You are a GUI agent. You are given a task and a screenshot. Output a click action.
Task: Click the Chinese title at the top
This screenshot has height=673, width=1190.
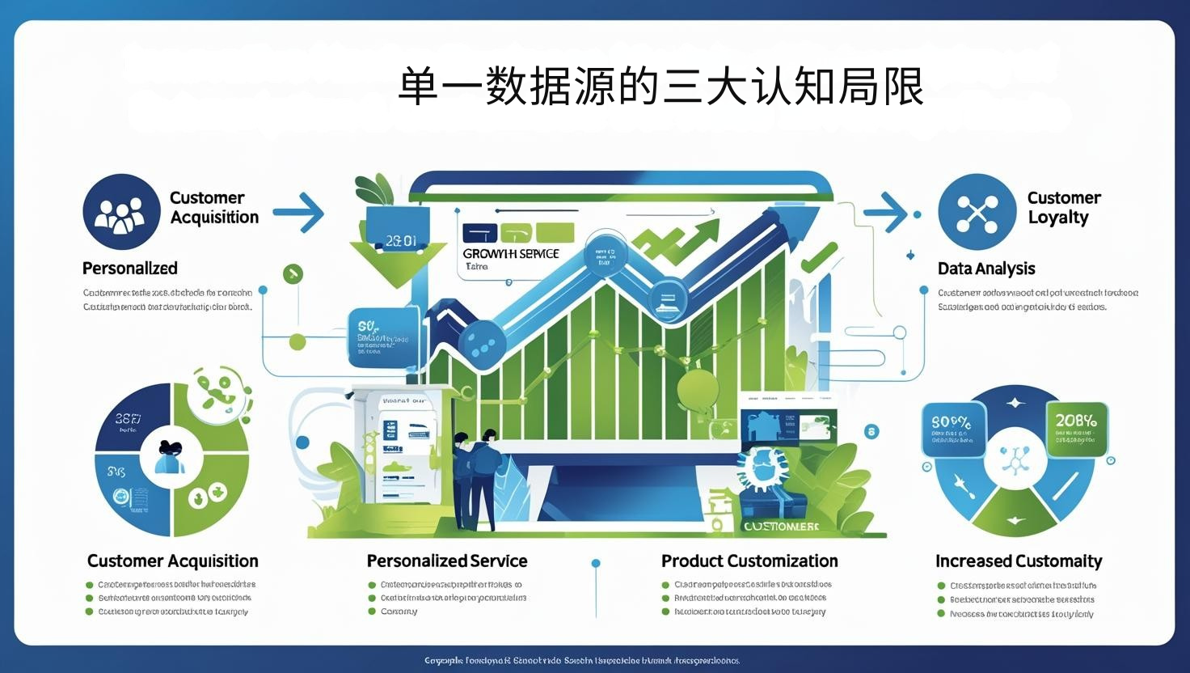click(x=660, y=87)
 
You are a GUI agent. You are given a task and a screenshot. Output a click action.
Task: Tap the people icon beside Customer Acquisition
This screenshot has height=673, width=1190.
click(x=121, y=212)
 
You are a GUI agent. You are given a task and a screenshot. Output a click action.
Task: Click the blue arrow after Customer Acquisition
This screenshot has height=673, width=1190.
click(x=299, y=213)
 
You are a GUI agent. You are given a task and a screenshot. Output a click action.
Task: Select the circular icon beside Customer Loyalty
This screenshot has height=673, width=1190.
click(x=977, y=212)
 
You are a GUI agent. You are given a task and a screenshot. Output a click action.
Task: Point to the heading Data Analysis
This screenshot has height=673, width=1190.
click(x=986, y=269)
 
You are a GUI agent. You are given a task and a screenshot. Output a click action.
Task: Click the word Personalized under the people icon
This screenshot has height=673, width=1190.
click(x=130, y=269)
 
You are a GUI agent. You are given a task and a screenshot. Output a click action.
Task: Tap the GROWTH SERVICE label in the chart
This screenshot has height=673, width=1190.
click(x=511, y=254)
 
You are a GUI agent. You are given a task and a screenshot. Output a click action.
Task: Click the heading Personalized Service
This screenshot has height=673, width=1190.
click(x=447, y=561)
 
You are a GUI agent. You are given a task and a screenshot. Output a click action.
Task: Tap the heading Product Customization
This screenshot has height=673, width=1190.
click(x=749, y=561)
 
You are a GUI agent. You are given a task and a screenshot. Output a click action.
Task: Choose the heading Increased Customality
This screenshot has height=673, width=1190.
click(x=1019, y=561)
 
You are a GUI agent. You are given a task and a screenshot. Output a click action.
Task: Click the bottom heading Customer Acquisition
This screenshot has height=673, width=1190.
click(x=173, y=561)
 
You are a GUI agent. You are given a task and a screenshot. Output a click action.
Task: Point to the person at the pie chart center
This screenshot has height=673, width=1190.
click(x=171, y=458)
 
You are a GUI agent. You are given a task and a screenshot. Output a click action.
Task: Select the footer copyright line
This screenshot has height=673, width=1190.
click(x=582, y=661)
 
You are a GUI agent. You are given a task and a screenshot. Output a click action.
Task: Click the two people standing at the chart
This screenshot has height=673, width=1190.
click(x=475, y=477)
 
